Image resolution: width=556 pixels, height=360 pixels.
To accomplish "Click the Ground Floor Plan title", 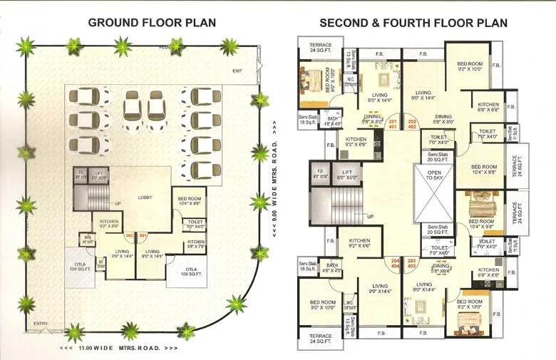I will tap(152, 22).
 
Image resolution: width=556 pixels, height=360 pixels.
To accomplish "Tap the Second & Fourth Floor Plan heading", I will tap(413, 22).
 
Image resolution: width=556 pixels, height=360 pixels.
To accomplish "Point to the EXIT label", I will tap(237, 71).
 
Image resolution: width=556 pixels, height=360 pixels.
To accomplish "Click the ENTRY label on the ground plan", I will tap(41, 324).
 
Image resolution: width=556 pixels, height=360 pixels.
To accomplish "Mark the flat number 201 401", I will tap(393, 125).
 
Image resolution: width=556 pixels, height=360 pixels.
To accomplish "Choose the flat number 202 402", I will tap(411, 125).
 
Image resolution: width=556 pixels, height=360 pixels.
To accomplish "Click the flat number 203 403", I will tap(411, 262).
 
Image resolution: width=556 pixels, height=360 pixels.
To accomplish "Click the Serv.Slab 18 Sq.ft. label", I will tap(308, 120).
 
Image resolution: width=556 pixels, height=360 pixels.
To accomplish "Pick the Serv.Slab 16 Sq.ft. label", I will tap(307, 266).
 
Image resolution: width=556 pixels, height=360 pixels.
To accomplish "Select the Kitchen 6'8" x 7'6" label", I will tap(196, 245).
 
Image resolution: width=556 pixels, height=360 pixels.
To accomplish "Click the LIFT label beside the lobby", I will tap(97, 174).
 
